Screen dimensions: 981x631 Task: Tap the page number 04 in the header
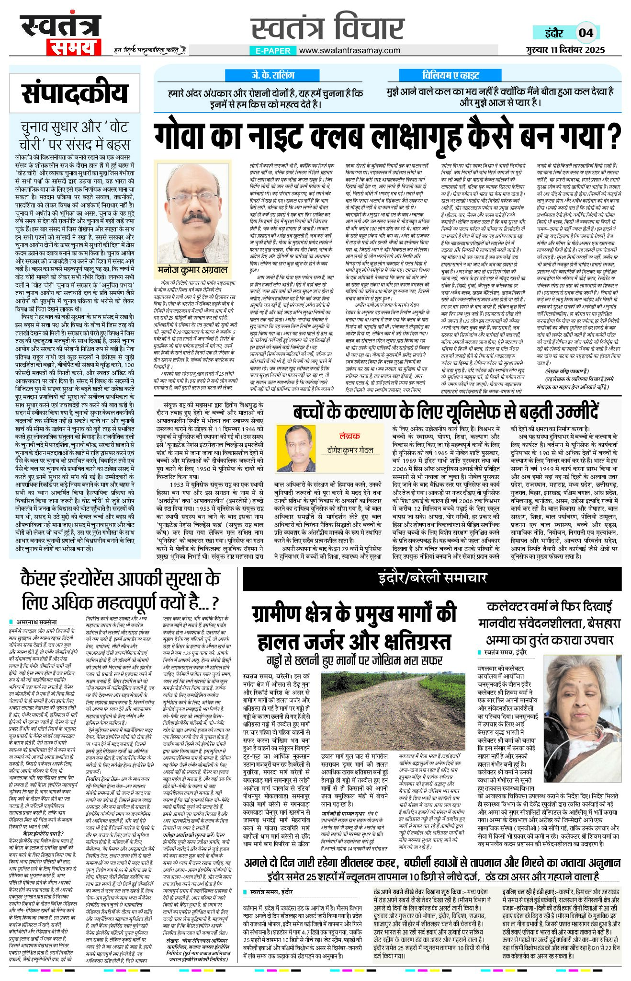click(x=586, y=33)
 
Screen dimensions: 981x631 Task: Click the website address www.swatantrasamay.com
click(x=349, y=50)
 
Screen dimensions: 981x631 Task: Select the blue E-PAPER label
click(x=272, y=50)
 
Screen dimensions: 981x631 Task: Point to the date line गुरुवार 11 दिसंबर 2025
click(x=564, y=49)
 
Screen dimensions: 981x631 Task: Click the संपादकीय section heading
click(x=75, y=93)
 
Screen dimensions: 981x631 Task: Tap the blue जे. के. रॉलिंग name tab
click(x=273, y=75)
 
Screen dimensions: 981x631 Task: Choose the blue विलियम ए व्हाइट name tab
click(x=451, y=75)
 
